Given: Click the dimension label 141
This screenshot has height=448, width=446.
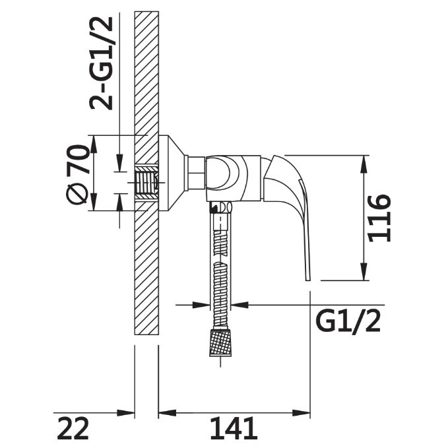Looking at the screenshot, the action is (x=234, y=429).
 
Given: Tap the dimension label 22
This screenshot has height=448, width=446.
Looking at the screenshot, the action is (x=73, y=429).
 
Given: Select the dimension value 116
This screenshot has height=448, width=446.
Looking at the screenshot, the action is (x=379, y=218).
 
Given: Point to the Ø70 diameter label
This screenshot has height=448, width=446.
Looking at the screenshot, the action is (x=77, y=174).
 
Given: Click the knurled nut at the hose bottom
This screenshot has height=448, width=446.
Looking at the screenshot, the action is (x=220, y=343).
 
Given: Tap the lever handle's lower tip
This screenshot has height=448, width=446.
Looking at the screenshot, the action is (x=308, y=279).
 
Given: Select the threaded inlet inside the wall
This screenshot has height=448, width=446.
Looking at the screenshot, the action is (x=146, y=182).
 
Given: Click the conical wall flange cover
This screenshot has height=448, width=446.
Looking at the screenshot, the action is (x=172, y=173).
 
